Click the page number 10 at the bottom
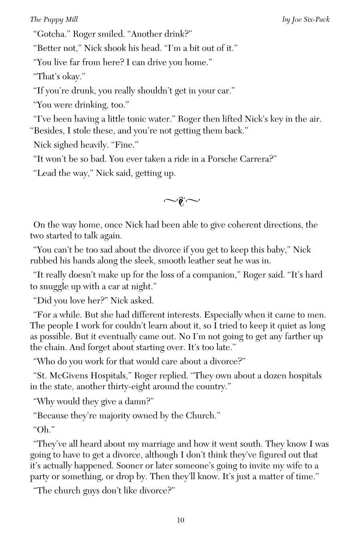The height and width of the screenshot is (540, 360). click(x=180, y=520)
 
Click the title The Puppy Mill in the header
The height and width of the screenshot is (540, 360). click(x=54, y=19)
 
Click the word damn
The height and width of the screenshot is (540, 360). click(x=135, y=401)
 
